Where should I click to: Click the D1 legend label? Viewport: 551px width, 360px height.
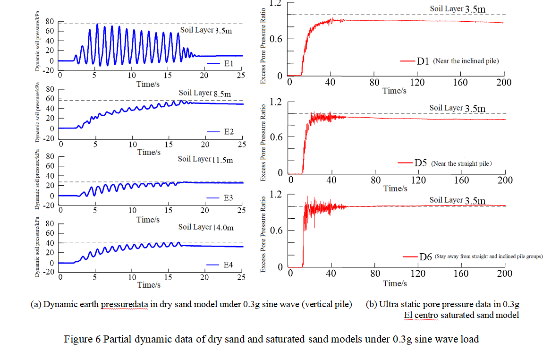click(422, 61)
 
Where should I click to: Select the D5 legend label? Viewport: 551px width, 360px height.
click(421, 163)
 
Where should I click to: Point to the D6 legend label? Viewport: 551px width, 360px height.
click(425, 257)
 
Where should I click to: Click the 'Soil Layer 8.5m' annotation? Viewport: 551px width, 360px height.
click(204, 94)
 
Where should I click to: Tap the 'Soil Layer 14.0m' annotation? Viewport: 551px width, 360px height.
click(205, 227)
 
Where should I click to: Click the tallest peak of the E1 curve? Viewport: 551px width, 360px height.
click(97, 25)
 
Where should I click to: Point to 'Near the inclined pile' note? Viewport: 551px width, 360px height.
click(466, 61)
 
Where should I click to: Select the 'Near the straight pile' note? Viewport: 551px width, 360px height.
click(461, 163)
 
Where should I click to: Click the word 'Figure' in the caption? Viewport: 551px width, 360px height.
click(77, 339)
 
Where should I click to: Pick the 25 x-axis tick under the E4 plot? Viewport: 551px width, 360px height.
click(241, 277)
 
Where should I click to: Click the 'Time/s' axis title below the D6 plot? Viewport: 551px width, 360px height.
click(395, 283)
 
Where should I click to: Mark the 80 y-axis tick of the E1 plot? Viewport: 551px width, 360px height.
click(49, 22)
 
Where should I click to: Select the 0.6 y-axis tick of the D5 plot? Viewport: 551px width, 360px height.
click(276, 137)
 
